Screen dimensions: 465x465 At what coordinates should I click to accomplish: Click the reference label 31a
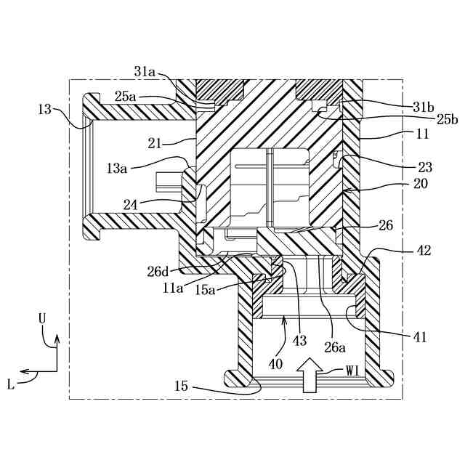[x=145, y=72]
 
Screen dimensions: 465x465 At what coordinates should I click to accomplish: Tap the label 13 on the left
[x=44, y=109]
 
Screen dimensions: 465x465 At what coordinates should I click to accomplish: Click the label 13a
[x=118, y=168]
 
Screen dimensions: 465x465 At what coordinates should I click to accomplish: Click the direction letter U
[x=44, y=318]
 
